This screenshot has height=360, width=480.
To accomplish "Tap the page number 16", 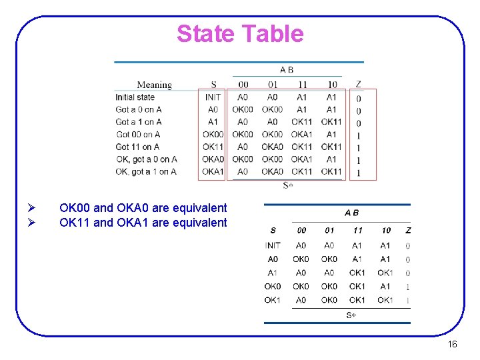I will click(x=452, y=345).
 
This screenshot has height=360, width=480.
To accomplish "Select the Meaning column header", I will click(x=154, y=85).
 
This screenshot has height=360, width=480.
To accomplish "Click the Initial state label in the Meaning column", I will click(x=135, y=97).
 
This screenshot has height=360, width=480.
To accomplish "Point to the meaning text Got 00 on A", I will click(x=137, y=135).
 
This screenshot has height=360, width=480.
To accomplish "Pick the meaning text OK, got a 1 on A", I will click(x=146, y=172).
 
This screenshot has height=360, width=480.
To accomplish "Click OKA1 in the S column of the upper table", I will click(x=213, y=172).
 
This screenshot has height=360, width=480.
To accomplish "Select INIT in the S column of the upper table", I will click(x=213, y=97).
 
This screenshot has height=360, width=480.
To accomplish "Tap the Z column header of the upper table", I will click(x=359, y=85).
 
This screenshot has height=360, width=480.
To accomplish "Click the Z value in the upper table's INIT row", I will click(x=359, y=98).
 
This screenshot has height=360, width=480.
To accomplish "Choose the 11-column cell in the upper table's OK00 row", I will click(x=302, y=135).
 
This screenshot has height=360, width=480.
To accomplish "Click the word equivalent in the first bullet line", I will click(x=199, y=208).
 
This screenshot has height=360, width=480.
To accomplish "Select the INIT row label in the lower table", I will click(x=273, y=245).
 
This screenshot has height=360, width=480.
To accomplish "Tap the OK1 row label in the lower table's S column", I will click(x=273, y=300).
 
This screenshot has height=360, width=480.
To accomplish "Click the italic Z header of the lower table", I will click(x=408, y=230).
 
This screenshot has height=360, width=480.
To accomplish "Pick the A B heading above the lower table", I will click(x=351, y=213).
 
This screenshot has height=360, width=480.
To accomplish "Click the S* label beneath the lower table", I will click(x=351, y=315).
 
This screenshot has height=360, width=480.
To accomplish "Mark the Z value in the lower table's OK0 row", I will click(x=408, y=287).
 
